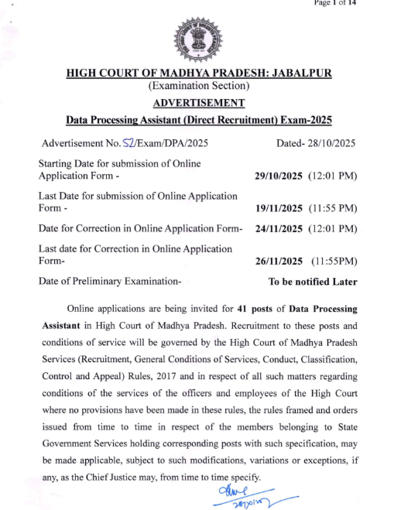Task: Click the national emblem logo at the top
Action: pos(197,40)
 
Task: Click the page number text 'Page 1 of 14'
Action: pos(335,3)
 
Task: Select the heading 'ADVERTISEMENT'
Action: pos(198,103)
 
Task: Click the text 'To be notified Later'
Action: pos(312,282)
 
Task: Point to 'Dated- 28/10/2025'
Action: pos(316,144)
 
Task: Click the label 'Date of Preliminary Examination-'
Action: pos(110,282)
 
